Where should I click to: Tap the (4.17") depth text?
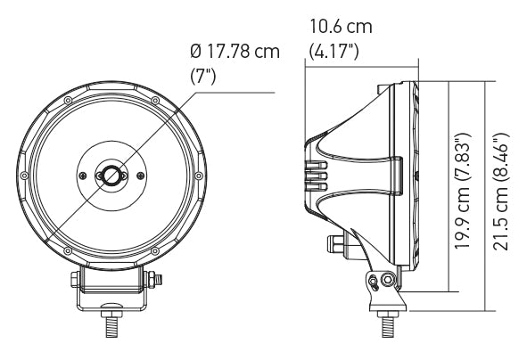(x=333, y=50)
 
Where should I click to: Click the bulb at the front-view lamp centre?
(x=111, y=175)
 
